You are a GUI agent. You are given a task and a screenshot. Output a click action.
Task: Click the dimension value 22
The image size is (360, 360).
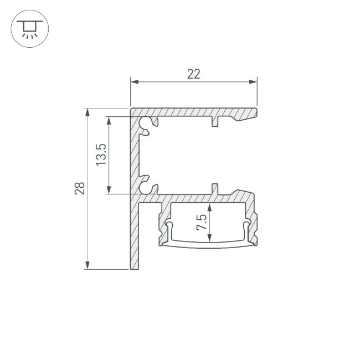tap(193, 74)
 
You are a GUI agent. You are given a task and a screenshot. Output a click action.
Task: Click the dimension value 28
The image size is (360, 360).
tap(80, 188)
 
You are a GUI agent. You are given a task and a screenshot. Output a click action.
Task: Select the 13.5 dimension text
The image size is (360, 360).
tap(101, 155)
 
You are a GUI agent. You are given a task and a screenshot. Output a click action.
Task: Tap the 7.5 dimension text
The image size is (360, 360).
tap(202, 223)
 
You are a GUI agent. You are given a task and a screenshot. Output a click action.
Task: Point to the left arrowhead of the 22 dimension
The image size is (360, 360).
tap(133, 83)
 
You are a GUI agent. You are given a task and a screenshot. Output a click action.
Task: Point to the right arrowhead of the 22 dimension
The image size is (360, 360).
tap(255, 83)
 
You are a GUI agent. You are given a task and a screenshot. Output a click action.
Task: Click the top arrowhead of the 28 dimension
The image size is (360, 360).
tap(87, 111)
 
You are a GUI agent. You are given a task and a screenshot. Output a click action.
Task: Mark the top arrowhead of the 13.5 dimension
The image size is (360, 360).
tap(110, 119)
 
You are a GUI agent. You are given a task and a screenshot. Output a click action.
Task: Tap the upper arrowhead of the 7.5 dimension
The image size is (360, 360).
tap(210, 206)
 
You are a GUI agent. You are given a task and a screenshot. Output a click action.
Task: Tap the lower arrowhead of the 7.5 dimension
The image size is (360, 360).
tap(210, 239)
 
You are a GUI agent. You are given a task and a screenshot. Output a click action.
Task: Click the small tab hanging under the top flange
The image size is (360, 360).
tap(215, 121)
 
